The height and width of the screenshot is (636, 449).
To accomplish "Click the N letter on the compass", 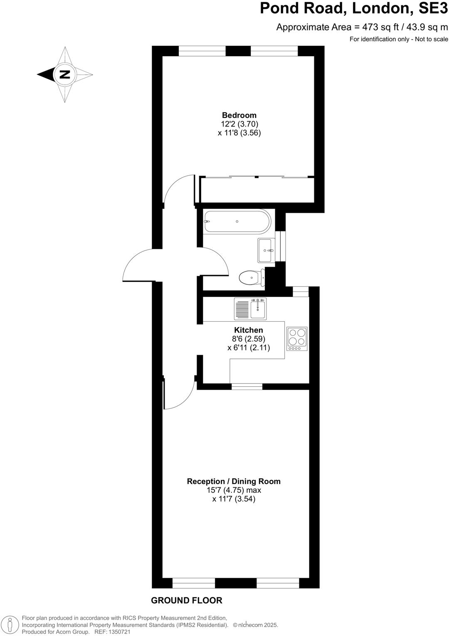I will pos(65,75).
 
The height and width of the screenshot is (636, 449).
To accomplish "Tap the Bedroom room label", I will pos(239,115).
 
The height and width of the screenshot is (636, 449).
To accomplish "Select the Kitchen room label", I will pos(249,330).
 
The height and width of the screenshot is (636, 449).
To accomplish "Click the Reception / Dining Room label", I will pos(234,481).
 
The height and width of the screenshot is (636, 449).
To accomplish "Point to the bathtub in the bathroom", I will pos(237,221).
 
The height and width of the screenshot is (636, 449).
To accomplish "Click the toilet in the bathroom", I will pos(252,278).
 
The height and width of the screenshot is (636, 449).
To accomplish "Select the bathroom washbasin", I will pos(266,251).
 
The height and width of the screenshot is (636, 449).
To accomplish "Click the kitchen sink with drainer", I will pos(250,308).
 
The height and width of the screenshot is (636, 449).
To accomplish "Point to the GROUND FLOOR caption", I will pos(187,600).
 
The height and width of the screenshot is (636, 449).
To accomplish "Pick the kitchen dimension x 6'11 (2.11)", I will pos(249,348).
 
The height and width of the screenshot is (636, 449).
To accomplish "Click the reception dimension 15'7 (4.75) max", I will pos(234,490).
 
